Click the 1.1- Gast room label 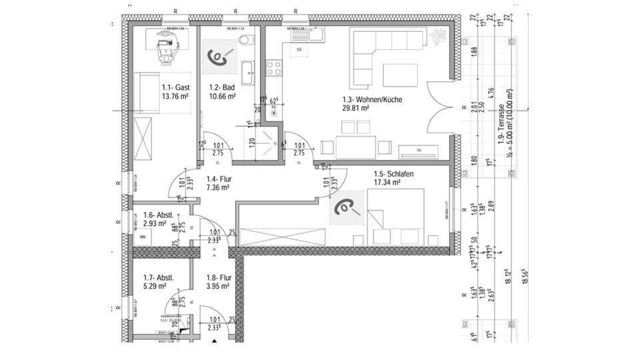tap(177, 87)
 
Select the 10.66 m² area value tap(223, 96)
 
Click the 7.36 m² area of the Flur tap(217, 188)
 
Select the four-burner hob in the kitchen tap(274, 67)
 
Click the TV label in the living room tap(419, 151)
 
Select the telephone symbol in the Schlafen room tap(347, 208)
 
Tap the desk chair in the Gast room tap(164, 50)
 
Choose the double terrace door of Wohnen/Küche tap(439, 107)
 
